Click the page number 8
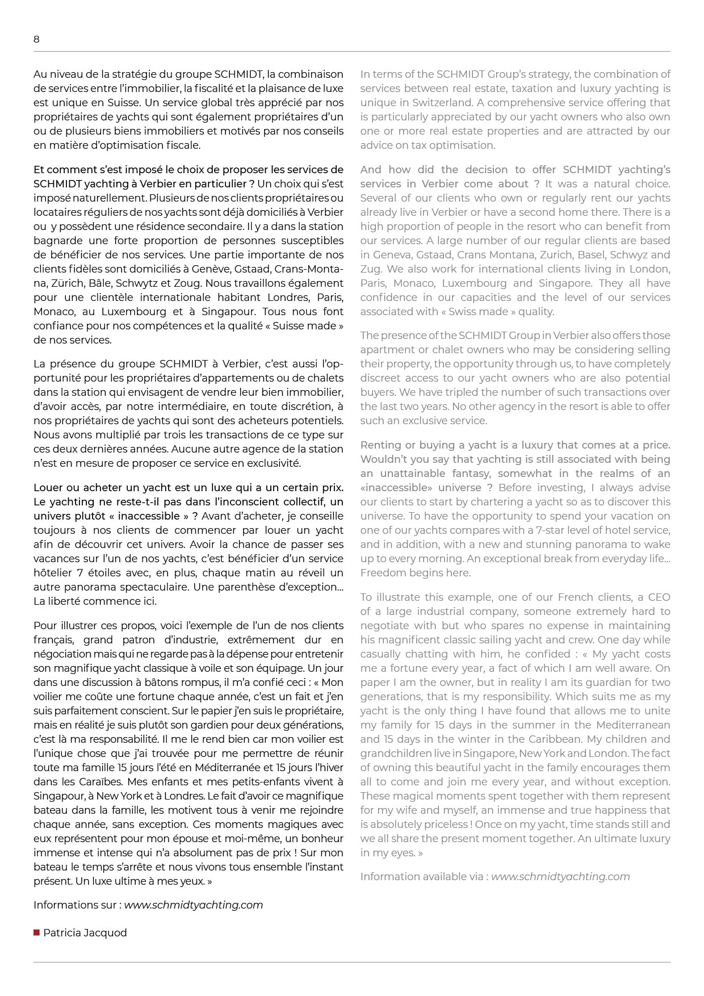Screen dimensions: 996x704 click(x=37, y=39)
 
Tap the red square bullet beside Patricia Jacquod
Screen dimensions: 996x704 click(x=37, y=932)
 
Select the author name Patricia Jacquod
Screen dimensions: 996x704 click(x=85, y=933)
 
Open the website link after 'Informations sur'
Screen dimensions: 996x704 click(x=194, y=905)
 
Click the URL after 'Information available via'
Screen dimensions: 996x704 click(x=560, y=877)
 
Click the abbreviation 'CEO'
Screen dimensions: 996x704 click(x=659, y=597)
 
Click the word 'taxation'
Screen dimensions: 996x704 click(x=537, y=89)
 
